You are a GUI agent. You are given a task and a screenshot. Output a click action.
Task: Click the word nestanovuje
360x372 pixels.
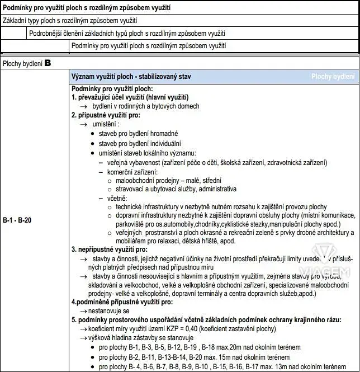(106, 310)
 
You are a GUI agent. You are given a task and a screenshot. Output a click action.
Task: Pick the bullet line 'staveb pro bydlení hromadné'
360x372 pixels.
(138, 134)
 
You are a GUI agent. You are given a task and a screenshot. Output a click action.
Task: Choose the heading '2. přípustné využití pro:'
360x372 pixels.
(106, 115)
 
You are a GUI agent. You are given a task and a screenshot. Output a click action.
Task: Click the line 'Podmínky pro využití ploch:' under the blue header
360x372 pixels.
(112, 88)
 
